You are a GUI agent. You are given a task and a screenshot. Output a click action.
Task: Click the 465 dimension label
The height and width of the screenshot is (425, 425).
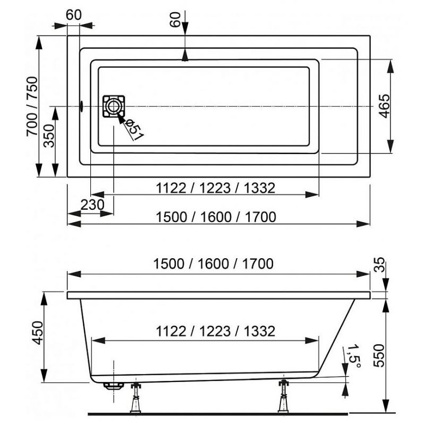point(384,106)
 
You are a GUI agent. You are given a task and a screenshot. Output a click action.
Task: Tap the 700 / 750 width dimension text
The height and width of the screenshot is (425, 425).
point(32,106)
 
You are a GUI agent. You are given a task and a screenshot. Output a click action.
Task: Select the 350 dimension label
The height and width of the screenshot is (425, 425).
point(49,136)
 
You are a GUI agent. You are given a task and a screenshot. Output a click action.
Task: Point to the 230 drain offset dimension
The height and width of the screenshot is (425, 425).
point(92,205)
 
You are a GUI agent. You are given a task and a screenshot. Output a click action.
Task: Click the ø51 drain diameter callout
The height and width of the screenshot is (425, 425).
point(134,130)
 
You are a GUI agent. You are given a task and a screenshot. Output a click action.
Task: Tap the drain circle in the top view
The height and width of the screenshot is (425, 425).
point(113,106)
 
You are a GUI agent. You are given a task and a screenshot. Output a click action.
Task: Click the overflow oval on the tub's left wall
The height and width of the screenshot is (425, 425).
point(81,106)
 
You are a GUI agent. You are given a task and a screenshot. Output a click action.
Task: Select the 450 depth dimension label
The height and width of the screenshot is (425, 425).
point(38,333)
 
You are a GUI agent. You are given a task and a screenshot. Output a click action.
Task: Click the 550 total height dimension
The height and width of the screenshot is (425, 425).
point(378,355)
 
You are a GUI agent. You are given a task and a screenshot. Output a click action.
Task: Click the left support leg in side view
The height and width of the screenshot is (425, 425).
point(136,397)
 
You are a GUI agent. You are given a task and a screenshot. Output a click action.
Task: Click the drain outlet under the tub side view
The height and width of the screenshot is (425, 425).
point(114,386)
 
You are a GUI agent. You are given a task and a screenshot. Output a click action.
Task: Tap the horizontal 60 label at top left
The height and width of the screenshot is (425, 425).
point(73,15)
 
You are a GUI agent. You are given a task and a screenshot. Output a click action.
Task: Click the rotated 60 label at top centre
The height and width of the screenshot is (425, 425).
point(175,20)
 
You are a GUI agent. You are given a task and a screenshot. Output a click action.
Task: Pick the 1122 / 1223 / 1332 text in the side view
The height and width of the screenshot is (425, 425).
point(216,331)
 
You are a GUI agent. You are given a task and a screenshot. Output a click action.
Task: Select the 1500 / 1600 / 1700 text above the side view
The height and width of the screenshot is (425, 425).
point(214,263)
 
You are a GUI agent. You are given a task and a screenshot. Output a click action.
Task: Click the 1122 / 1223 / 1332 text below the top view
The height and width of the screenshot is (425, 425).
point(216,188)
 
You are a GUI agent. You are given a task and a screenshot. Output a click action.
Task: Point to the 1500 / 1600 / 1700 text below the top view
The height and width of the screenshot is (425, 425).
point(216,217)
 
